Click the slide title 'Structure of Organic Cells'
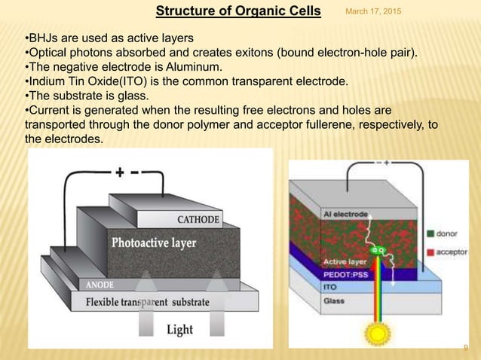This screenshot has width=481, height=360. (x=238, y=11)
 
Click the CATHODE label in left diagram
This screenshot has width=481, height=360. (x=198, y=220)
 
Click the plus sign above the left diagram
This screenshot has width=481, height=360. (x=119, y=172)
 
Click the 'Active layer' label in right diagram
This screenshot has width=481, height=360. (x=344, y=262)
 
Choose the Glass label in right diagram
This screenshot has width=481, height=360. (x=335, y=301)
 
